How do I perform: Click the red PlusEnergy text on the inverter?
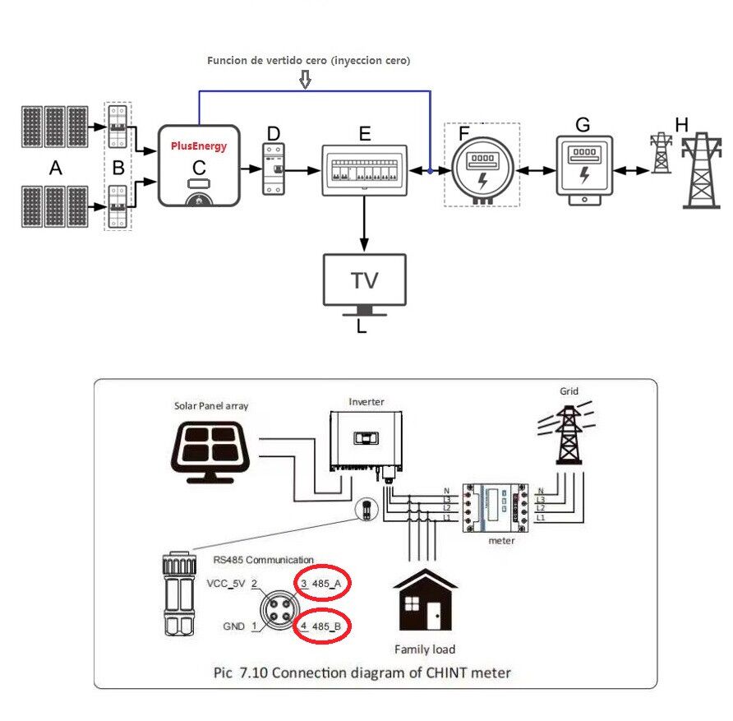click(x=198, y=146)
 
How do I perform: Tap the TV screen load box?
click(x=365, y=280)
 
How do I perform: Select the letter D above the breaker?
click(x=274, y=133)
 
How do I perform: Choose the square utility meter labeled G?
click(x=583, y=166)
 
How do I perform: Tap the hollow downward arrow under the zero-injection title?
click(x=306, y=80)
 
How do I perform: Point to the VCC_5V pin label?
click(x=226, y=583)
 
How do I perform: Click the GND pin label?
click(x=233, y=626)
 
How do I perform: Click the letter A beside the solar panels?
click(x=55, y=169)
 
